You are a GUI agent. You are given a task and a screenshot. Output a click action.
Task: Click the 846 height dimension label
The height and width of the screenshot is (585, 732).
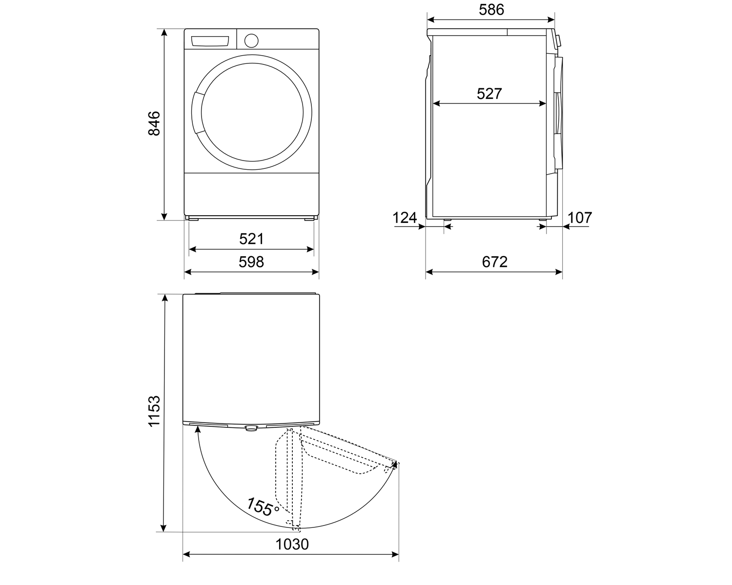pos(154,123)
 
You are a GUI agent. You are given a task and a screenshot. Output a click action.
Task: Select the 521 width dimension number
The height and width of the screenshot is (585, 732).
pos(251,239)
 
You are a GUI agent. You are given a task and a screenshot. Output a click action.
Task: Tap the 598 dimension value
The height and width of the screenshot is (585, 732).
pos(251,262)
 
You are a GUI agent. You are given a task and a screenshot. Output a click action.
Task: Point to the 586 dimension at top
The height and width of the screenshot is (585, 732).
pos(491,10)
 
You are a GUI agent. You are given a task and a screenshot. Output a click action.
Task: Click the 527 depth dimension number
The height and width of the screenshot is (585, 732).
pos(489,94)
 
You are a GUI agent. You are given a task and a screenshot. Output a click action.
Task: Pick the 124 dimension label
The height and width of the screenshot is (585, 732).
pos(405,218)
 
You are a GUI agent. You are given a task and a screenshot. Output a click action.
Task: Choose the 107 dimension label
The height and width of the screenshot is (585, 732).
pos(580,218)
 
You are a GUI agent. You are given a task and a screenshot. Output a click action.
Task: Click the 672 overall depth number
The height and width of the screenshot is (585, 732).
pos(494,262)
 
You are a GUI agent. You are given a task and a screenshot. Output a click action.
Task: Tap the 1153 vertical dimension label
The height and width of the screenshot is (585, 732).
pos(154,411)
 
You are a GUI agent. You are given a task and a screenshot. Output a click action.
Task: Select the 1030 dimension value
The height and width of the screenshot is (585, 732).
pos(292,545)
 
